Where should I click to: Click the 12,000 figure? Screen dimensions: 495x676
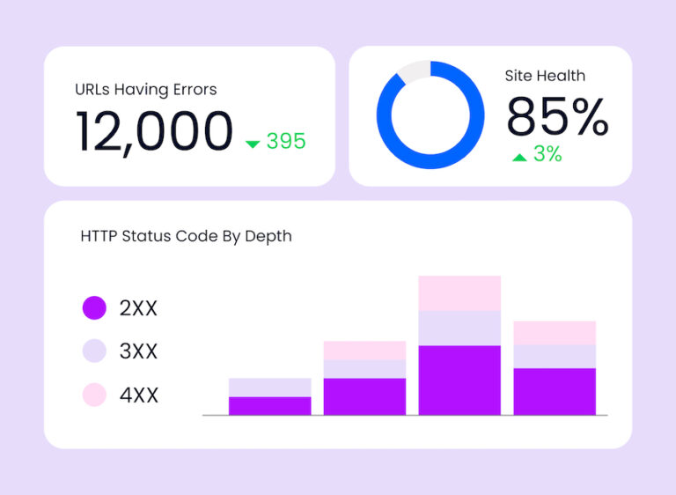[x=155, y=132]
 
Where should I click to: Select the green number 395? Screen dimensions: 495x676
[x=286, y=141]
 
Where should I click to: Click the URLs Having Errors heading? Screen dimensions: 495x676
[x=146, y=89]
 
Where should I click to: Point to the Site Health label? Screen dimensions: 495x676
[x=545, y=76]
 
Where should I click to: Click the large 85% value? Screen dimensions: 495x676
[x=557, y=116]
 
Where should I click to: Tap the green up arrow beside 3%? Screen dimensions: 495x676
[x=519, y=157]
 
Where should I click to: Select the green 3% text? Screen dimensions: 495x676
[x=547, y=154]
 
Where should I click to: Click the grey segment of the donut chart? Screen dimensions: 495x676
[x=414, y=71]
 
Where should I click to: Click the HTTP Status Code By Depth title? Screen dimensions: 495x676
[x=186, y=236]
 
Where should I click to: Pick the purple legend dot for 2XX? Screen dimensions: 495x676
[x=94, y=308]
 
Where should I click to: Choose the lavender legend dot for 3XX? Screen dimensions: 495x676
[x=94, y=351]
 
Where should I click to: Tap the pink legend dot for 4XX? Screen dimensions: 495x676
[x=94, y=395]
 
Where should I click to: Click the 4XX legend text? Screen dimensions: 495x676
[x=139, y=395]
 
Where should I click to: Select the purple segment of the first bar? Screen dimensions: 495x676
[x=269, y=405]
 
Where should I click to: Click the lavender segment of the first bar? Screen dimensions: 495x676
[x=269, y=388]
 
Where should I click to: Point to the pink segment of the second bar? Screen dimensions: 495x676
[x=364, y=350]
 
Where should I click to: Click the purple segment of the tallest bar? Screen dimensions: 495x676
[x=459, y=380]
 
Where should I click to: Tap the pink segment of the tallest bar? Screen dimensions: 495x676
[x=459, y=292]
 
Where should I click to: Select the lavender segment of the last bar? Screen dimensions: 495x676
[x=555, y=356]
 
